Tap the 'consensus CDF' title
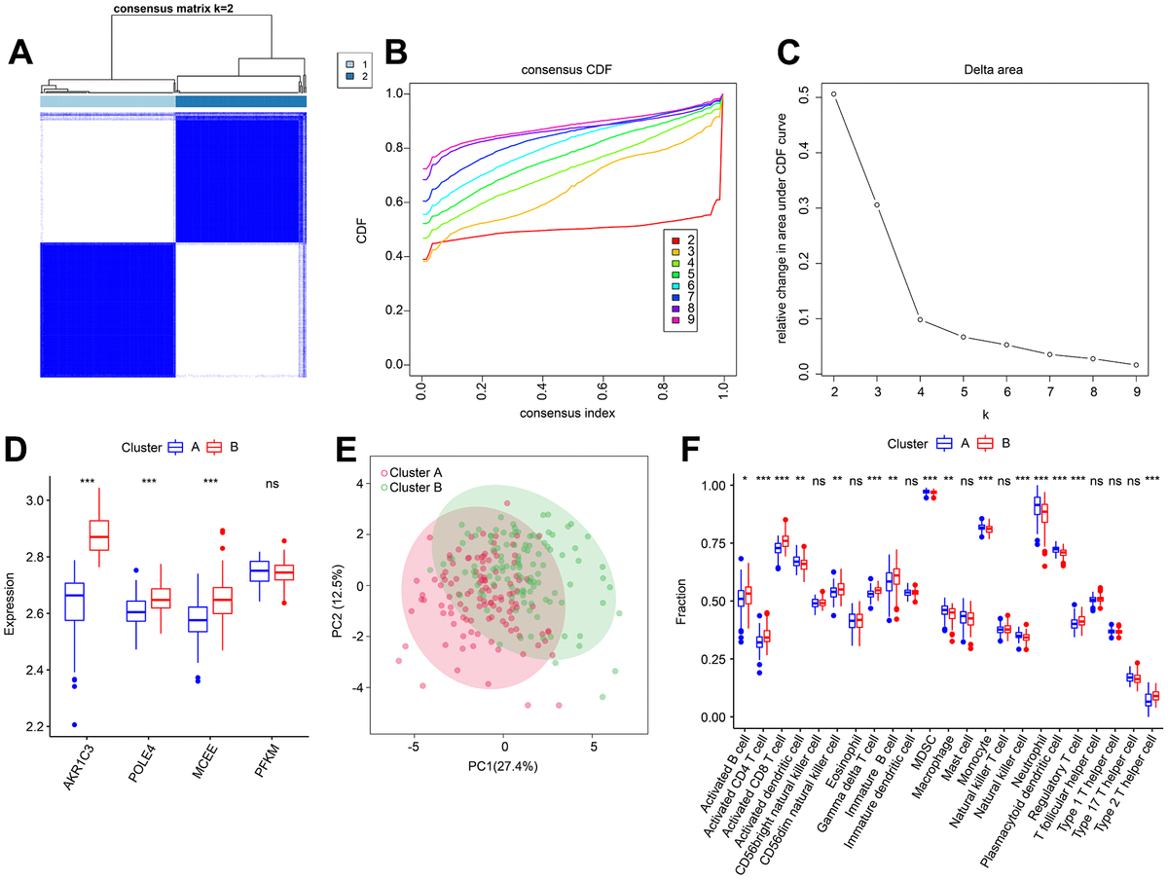coord(571,71)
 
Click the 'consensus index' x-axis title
coord(571,413)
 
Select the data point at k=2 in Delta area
coord(834,94)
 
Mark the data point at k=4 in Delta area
coord(921,319)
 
